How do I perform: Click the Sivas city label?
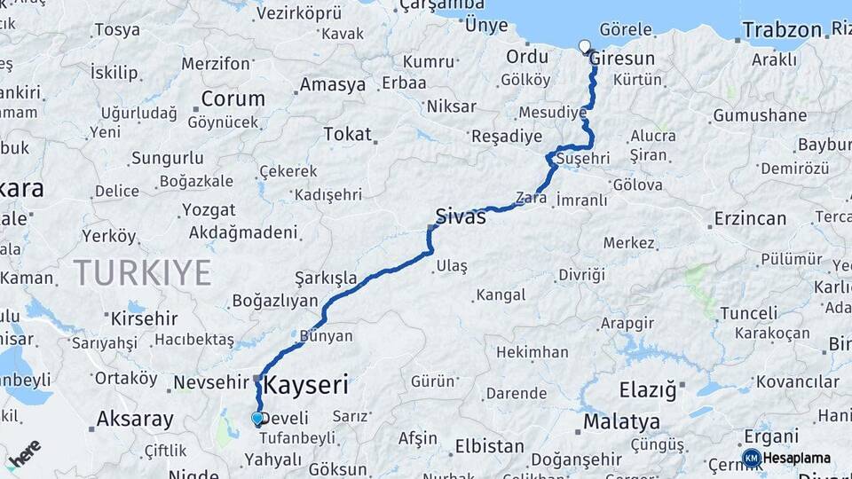coord(461,216)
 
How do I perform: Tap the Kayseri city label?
coord(306,385)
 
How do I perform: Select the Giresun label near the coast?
coord(623,59)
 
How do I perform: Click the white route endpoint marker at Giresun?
coord(584,46)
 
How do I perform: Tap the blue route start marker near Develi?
coord(257,418)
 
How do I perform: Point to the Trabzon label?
coord(782,29)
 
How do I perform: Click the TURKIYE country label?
coord(142,271)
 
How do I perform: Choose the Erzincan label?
coord(750,218)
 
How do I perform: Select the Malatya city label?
coord(621,420)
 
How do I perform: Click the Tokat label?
coord(347,134)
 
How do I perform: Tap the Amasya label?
coord(332,85)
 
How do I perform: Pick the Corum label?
coord(233,98)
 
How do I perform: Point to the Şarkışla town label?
coord(326,278)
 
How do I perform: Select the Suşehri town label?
coord(582,158)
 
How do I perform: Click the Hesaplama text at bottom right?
coord(797,458)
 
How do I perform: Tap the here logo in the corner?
coord(25,452)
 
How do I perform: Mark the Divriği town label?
coord(581,274)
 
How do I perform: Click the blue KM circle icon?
coord(751,458)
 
